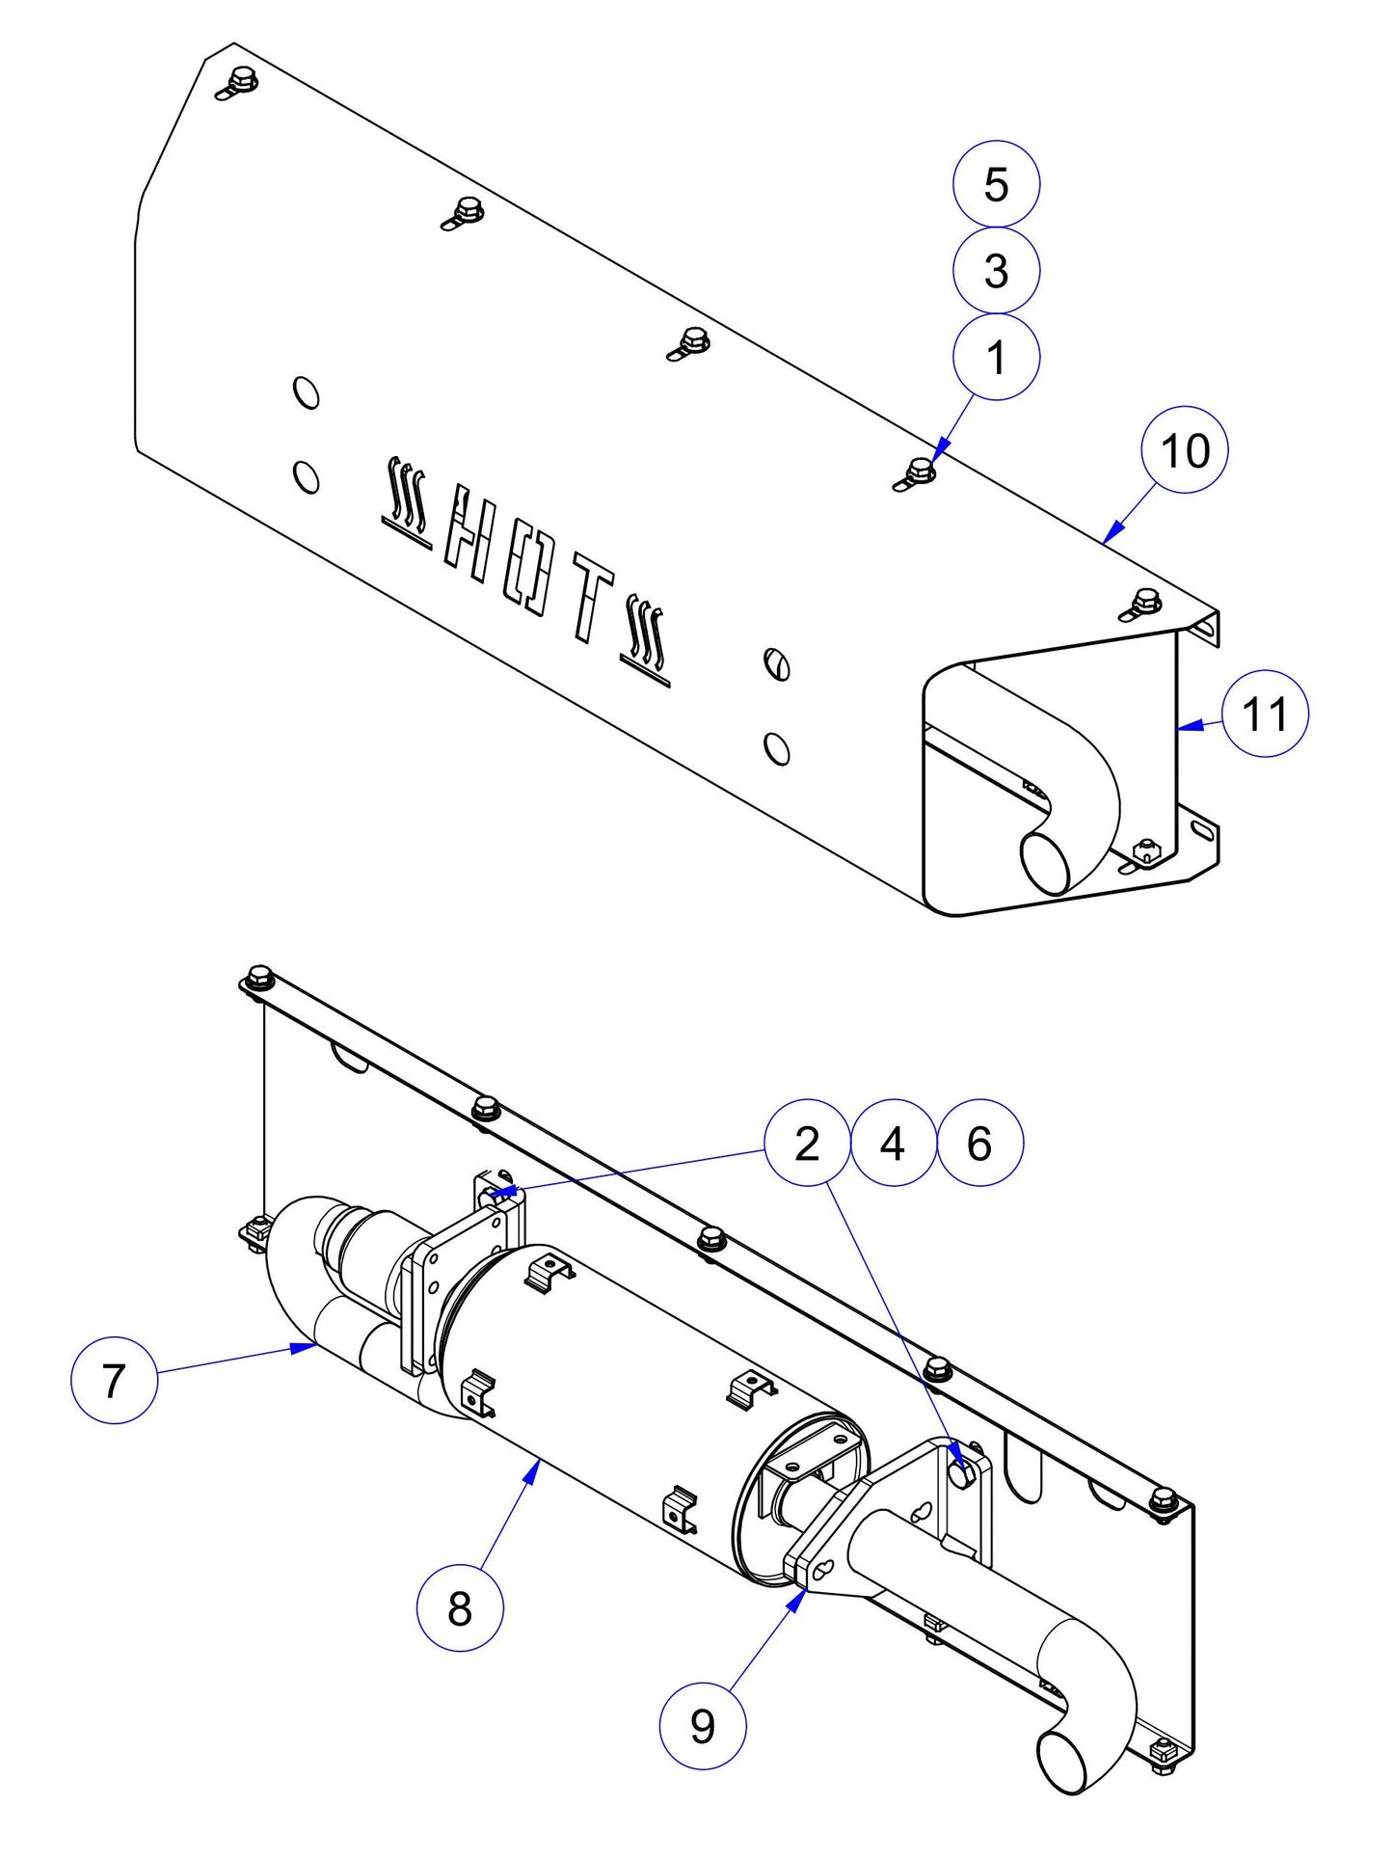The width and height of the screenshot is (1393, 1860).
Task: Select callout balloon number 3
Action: click(x=996, y=270)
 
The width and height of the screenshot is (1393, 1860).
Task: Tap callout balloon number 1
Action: click(x=996, y=357)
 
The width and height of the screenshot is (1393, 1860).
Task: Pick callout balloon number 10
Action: click(x=1184, y=450)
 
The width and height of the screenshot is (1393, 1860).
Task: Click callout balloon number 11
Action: click(x=1265, y=714)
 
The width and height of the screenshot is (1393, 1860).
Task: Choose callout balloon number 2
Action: click(x=807, y=1144)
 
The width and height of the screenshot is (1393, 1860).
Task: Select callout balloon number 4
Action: click(x=893, y=1144)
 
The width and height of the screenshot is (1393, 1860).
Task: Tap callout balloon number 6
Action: click(x=979, y=1144)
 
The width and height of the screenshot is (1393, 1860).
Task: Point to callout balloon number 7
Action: click(x=114, y=1380)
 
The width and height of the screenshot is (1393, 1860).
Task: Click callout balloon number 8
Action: click(x=460, y=1607)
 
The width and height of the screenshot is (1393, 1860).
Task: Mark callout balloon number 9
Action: click(x=702, y=1726)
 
